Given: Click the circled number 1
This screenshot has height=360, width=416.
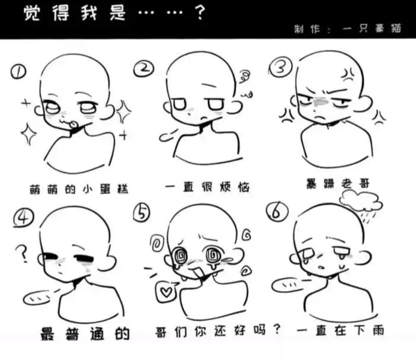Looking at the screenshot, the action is pyautogui.click(x=18, y=72).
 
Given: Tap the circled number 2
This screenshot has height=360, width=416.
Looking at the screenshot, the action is pyautogui.click(x=144, y=68).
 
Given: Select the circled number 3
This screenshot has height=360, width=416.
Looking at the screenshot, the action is pyautogui.click(x=280, y=66).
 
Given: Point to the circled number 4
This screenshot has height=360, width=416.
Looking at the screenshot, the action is pyautogui.click(x=24, y=218).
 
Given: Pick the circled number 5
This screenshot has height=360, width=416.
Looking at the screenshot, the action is pyautogui.click(x=142, y=212).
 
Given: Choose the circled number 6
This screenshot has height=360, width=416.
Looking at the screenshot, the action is pyautogui.click(x=277, y=212).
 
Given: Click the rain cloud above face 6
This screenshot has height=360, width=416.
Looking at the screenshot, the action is pyautogui.click(x=361, y=202).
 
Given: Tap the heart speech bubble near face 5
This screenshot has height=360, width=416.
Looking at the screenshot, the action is pyautogui.click(x=167, y=292).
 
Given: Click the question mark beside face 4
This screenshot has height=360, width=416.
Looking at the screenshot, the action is pyautogui.click(x=23, y=253).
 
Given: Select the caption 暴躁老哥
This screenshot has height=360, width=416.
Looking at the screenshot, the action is pyautogui.click(x=338, y=183).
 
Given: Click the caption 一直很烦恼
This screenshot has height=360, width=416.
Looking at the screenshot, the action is pyautogui.click(x=207, y=187).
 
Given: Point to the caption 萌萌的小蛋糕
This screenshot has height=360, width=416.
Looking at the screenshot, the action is pyautogui.click(x=79, y=189).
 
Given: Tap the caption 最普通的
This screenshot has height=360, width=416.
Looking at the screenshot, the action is pyautogui.click(x=85, y=334).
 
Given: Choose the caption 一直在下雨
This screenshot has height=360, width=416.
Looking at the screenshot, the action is pyautogui.click(x=340, y=331).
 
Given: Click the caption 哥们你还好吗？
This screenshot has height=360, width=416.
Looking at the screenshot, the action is pyautogui.click(x=218, y=331).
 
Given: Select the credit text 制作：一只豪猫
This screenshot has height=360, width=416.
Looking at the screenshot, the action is pyautogui.click(x=347, y=28).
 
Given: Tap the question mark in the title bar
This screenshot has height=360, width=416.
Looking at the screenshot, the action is pyautogui.click(x=200, y=12).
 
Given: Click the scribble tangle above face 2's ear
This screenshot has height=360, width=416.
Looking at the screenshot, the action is pyautogui.click(x=245, y=76).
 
